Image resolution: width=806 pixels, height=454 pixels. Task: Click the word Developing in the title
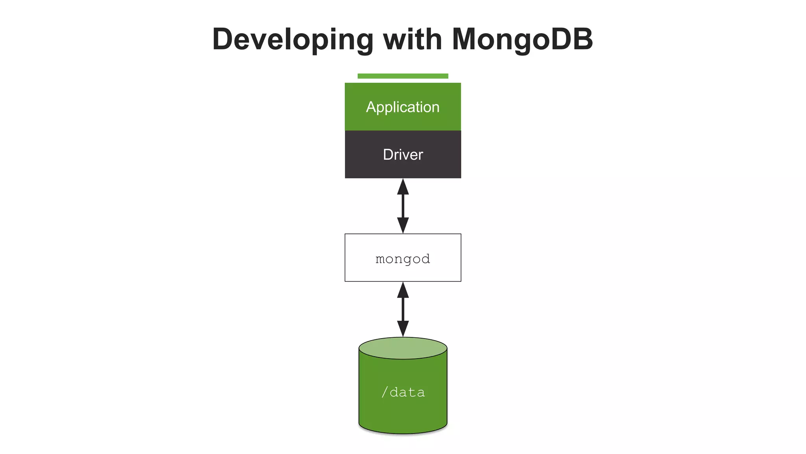pos(292,39)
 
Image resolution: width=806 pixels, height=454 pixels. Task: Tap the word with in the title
pos(412,39)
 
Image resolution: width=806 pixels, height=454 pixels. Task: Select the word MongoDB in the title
pos(522,39)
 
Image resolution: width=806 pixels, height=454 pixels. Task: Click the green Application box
pos(403,121)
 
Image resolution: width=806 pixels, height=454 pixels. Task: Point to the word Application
pos(403,107)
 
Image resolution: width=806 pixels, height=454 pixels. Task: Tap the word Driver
pos(403,154)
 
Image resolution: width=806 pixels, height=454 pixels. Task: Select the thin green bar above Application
pos(403,76)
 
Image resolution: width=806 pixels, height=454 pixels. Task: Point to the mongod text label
pos(403,259)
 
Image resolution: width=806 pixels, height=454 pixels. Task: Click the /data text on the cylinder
pos(403,392)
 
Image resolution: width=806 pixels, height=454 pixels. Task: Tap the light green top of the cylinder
pos(403,348)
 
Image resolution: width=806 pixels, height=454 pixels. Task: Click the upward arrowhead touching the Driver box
pos(403,188)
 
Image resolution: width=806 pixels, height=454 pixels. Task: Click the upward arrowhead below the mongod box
pos(403,291)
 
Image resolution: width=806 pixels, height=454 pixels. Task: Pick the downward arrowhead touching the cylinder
pos(403,328)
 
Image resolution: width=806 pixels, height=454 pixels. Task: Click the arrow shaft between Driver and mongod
pos(403,206)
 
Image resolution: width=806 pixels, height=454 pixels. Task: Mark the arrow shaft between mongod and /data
pos(403,309)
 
